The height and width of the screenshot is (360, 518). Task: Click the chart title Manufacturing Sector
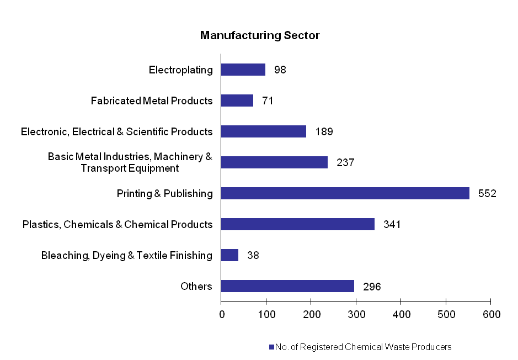coord(260,36)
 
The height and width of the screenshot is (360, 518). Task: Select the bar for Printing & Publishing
coord(345,193)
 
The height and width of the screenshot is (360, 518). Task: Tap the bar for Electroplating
coord(243,70)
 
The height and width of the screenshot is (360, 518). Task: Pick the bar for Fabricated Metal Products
coord(237,100)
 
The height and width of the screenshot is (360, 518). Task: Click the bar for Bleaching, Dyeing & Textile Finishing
coord(229,255)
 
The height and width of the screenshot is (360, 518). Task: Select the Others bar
coord(287,286)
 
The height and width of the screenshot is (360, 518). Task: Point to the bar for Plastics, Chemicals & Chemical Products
coord(297,224)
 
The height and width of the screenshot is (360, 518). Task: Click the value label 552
coord(487,194)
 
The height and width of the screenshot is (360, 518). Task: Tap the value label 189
coord(324,132)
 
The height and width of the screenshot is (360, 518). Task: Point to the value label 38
coord(253,256)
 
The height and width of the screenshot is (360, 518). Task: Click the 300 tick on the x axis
coord(356,314)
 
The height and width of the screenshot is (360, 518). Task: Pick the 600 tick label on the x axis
coord(491,314)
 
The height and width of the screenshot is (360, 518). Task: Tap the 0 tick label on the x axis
coord(221,314)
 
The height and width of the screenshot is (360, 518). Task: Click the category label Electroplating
coord(180,70)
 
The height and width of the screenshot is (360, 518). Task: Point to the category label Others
coord(196,286)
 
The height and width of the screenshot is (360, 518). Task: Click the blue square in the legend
coord(271,347)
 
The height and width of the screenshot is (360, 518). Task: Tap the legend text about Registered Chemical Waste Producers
coord(364,347)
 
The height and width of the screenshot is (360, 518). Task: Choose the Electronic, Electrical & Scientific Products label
coord(116,131)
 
